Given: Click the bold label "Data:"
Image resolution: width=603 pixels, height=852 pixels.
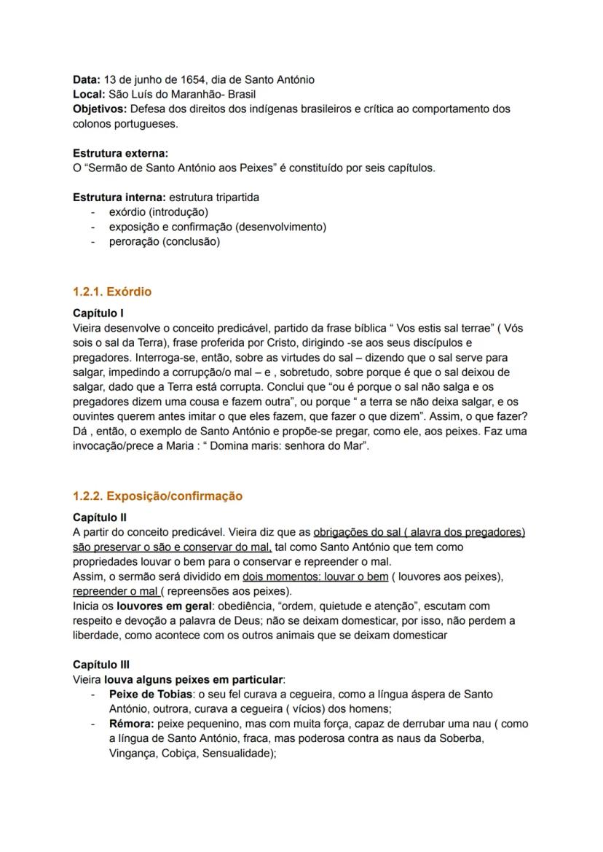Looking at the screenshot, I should pyautogui.click(x=87, y=79).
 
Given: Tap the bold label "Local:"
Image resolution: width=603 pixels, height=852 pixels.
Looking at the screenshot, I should pyautogui.click(x=89, y=94).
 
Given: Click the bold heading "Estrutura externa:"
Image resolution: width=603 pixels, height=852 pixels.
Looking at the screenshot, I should pyautogui.click(x=120, y=153).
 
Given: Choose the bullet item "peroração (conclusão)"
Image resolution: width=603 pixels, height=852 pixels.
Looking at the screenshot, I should pyautogui.click(x=164, y=241).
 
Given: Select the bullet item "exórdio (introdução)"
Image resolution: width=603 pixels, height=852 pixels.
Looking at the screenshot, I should pyautogui.click(x=158, y=212).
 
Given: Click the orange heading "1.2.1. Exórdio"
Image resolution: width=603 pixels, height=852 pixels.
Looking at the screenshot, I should pyautogui.click(x=112, y=292).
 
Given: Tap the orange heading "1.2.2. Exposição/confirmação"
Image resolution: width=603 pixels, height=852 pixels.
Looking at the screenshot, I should pyautogui.click(x=157, y=496).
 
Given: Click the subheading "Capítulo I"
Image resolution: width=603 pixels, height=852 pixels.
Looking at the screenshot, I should pyautogui.click(x=98, y=313).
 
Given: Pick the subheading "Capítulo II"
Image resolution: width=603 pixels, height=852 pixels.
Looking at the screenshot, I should pyautogui.click(x=100, y=517).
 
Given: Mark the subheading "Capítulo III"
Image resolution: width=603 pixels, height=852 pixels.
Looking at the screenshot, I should pyautogui.click(x=101, y=665).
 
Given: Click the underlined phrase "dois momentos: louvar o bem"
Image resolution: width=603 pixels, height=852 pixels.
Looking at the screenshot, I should pyautogui.click(x=315, y=577).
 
